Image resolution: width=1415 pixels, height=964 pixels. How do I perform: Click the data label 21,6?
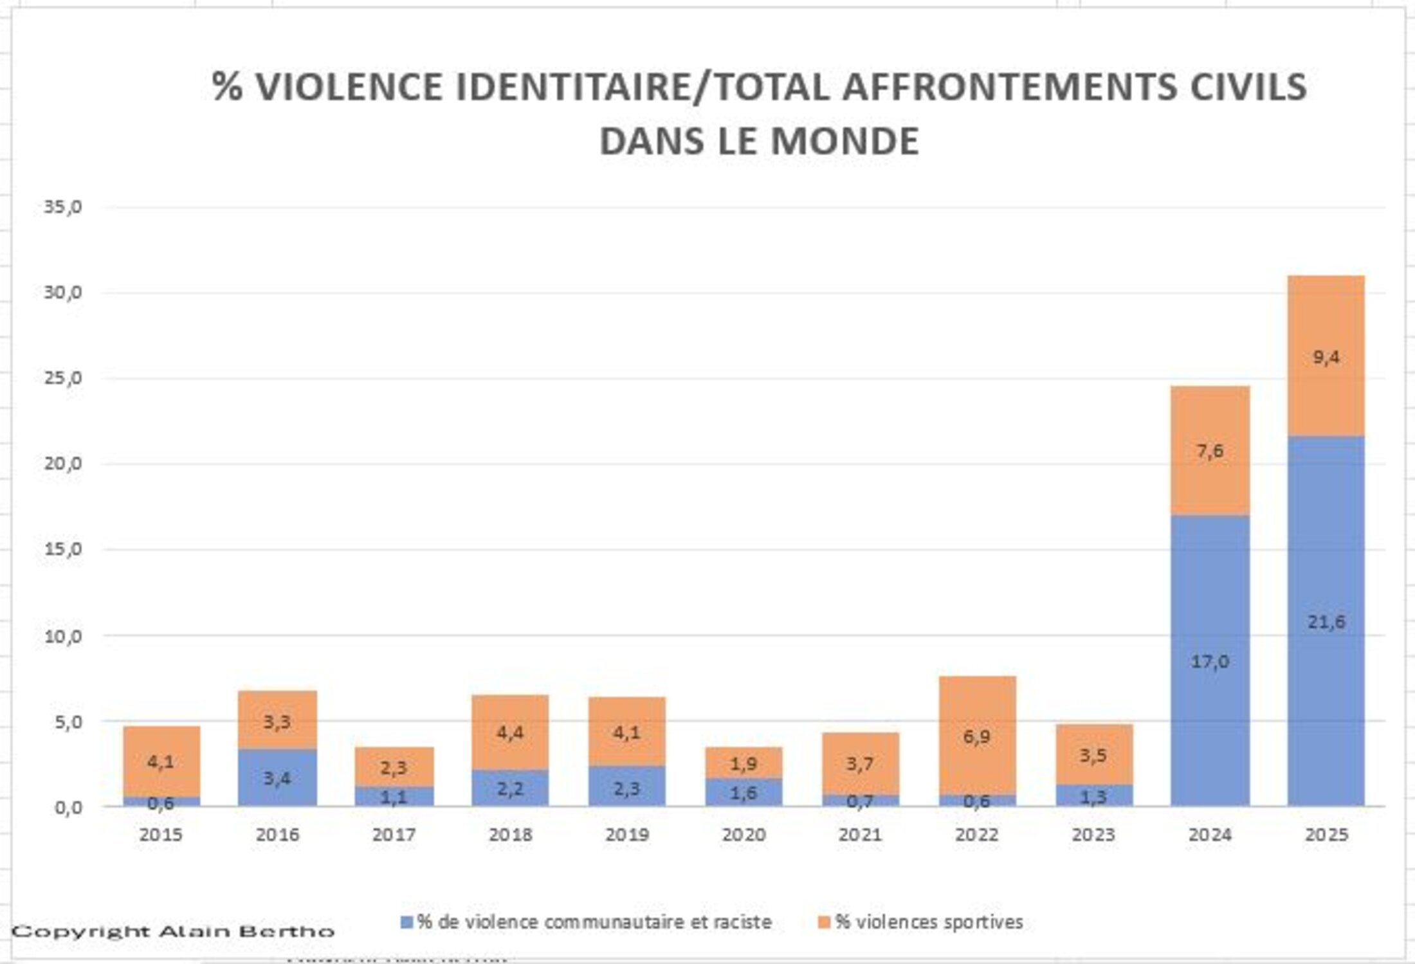(x=1326, y=622)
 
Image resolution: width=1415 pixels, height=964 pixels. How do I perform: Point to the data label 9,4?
(x=1326, y=357)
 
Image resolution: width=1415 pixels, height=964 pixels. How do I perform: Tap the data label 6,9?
(x=977, y=737)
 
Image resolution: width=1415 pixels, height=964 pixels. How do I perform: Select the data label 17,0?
(x=1210, y=661)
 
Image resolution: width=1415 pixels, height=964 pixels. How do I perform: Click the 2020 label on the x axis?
(x=744, y=835)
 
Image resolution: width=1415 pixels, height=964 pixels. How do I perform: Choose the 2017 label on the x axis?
(x=394, y=835)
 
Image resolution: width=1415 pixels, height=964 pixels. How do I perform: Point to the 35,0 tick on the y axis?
(x=63, y=207)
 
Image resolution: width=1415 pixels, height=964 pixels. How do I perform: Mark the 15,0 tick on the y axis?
(x=63, y=549)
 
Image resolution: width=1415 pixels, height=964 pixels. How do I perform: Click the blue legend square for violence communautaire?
(x=406, y=922)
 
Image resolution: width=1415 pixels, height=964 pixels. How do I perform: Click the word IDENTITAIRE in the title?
(x=572, y=87)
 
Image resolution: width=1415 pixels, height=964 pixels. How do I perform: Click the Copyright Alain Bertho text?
(x=174, y=931)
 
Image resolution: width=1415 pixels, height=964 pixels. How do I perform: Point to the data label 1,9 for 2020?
(x=744, y=764)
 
